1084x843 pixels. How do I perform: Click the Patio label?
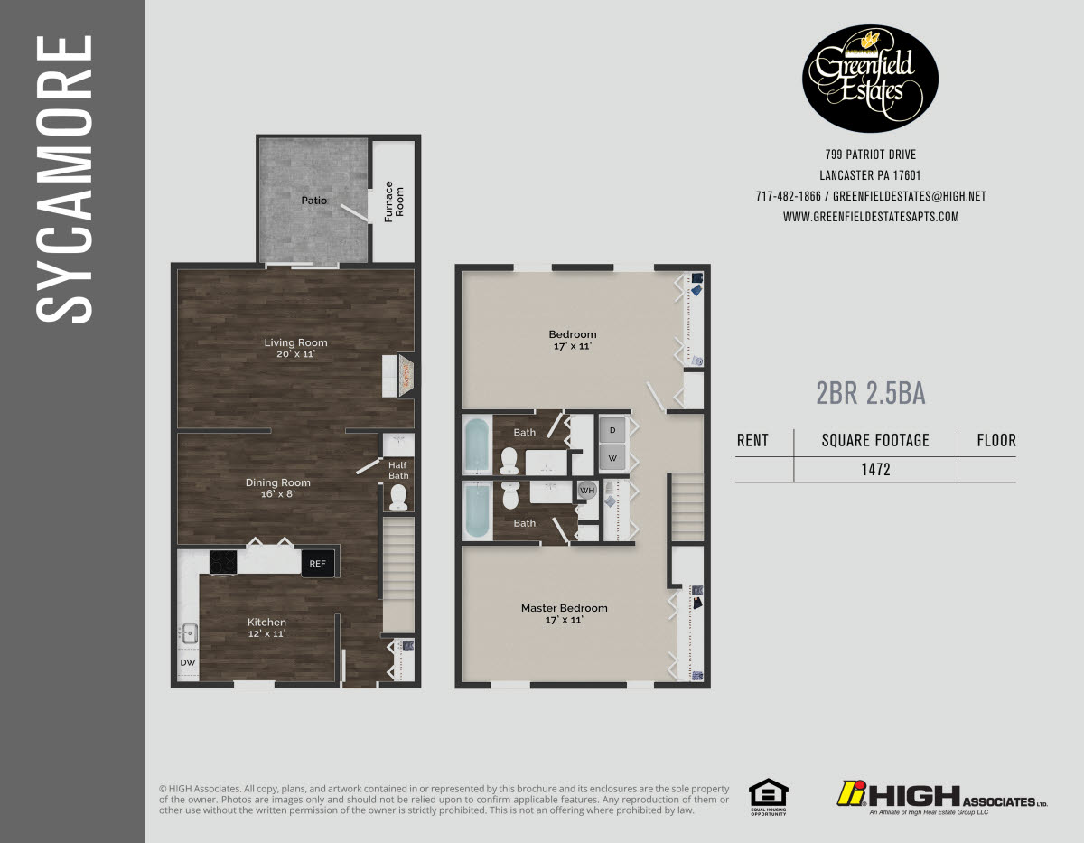[x=314, y=201]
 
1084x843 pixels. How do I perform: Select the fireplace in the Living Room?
[x=406, y=376]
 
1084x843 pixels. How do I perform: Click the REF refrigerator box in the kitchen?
[x=317, y=564]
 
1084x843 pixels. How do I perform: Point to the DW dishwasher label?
[x=188, y=662]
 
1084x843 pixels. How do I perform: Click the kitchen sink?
[x=189, y=633]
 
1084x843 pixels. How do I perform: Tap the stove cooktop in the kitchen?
[x=223, y=563]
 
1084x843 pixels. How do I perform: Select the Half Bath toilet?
[x=397, y=498]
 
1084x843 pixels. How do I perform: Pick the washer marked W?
[x=612, y=457]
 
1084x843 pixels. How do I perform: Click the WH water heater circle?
[x=588, y=491]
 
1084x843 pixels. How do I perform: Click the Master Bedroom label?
[x=564, y=608]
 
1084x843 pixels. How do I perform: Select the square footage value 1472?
[x=874, y=470]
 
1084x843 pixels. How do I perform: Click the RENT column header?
[x=752, y=440]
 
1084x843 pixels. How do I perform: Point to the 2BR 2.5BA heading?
[x=870, y=394]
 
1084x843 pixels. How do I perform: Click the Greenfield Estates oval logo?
[x=871, y=79]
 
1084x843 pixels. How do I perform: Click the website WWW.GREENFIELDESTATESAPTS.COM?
[x=871, y=217]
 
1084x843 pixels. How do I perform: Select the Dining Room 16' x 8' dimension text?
[x=277, y=494]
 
